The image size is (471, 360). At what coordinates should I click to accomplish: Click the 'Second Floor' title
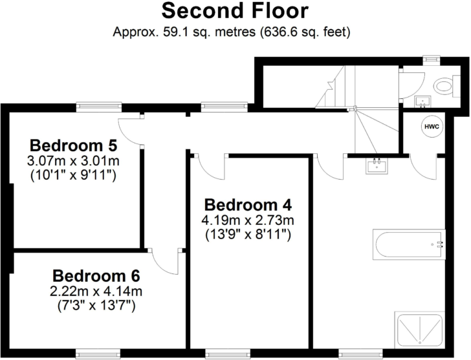[234, 11]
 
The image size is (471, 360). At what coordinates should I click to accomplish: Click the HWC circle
[432, 127]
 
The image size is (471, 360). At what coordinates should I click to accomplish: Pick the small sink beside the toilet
[422, 101]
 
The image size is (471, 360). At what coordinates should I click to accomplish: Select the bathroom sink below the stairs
[375, 166]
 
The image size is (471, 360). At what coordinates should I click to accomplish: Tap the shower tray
[421, 329]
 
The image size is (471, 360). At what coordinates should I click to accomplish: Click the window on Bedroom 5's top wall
[98, 104]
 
